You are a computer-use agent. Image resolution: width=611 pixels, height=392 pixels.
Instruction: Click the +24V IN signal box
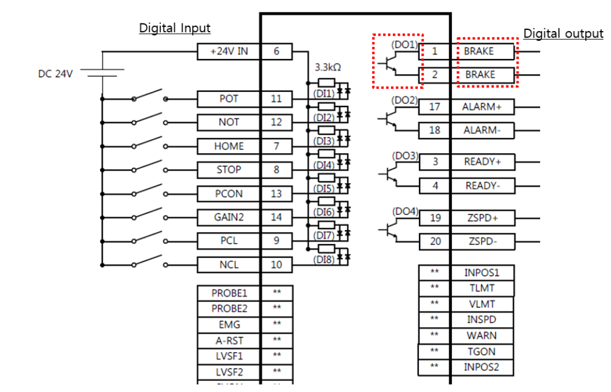(x=229, y=51)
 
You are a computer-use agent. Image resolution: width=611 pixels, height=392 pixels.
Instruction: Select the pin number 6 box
(x=276, y=51)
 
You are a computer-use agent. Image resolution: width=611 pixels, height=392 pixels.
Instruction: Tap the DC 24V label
(x=56, y=74)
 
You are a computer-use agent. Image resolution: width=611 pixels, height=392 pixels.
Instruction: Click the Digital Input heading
(x=174, y=28)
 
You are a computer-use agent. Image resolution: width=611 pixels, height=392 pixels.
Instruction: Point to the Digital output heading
(x=562, y=34)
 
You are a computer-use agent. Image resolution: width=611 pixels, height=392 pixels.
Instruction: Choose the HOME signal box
(x=229, y=146)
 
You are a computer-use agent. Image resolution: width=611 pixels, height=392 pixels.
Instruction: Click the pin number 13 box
(x=276, y=194)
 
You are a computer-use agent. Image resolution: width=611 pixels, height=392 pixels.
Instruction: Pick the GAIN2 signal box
(x=229, y=218)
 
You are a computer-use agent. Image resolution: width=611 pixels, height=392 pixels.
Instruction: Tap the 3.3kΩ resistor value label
(x=328, y=67)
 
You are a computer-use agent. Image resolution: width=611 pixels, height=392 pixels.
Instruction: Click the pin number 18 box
(x=434, y=130)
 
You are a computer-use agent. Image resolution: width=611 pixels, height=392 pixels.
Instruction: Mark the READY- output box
(x=482, y=186)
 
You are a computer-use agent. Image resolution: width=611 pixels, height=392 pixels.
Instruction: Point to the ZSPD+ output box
(x=482, y=218)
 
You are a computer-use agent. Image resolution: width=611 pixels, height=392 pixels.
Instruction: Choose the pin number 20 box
(x=435, y=241)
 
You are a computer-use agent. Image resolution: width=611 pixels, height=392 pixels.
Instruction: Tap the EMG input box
(x=229, y=324)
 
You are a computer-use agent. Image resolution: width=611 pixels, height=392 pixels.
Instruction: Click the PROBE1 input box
(x=229, y=293)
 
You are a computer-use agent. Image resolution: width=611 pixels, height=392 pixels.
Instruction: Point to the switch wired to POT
(x=149, y=97)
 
